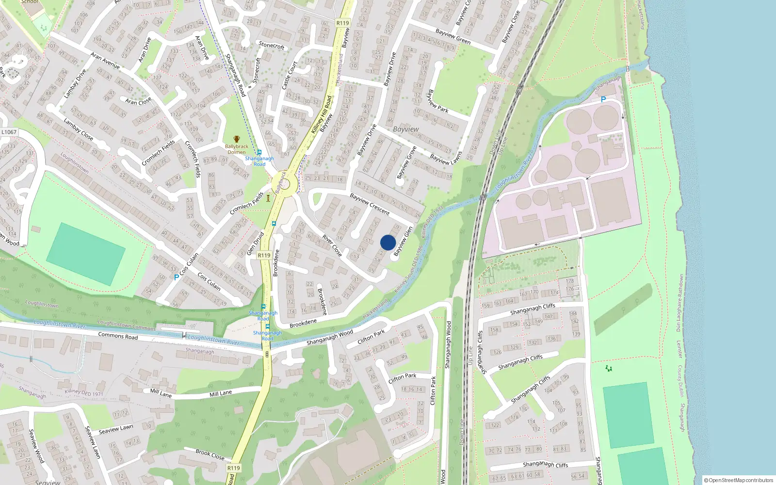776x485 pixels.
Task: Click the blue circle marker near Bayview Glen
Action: (388, 242)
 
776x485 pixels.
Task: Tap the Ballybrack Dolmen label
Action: (237, 149)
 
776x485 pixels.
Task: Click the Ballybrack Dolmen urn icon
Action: (237, 140)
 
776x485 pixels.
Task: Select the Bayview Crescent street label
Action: (370, 204)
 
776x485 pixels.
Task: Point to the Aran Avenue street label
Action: (105, 61)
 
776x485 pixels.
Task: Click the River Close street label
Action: (332, 246)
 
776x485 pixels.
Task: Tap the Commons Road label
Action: (118, 336)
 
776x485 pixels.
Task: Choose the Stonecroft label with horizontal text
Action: (272, 46)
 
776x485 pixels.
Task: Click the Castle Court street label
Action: (290, 75)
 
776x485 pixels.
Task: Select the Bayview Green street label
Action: (453, 36)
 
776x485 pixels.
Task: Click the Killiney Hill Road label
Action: (322, 115)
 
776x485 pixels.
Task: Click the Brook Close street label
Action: (210, 454)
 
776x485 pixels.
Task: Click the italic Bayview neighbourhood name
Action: (406, 129)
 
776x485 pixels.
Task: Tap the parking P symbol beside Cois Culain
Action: (176, 277)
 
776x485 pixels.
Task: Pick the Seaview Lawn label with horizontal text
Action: (116, 430)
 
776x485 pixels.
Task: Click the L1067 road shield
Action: (9, 132)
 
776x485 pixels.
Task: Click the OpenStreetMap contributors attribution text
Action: (739, 480)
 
